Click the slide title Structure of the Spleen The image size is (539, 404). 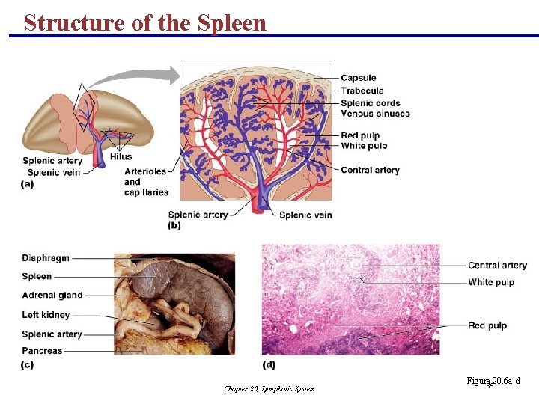[145, 22]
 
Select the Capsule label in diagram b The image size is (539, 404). [358, 78]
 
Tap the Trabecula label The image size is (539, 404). [362, 91]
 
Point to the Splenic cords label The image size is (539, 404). [370, 103]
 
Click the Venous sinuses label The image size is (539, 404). [375, 114]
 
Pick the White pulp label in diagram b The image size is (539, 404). [364, 146]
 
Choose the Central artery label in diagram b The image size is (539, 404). [370, 170]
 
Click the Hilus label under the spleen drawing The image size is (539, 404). [121, 157]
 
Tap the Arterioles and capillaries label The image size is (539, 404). [146, 182]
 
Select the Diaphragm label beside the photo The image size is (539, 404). [46, 258]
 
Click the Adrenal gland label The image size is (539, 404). [52, 296]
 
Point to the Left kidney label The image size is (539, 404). [46, 315]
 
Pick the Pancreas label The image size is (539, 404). [43, 351]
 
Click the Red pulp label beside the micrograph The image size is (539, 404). [487, 325]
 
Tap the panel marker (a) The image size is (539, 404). [28, 183]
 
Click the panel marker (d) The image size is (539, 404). [269, 365]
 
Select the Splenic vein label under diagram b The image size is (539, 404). [305, 215]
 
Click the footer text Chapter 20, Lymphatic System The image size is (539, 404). [269, 389]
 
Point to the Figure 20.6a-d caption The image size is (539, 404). [493, 382]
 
